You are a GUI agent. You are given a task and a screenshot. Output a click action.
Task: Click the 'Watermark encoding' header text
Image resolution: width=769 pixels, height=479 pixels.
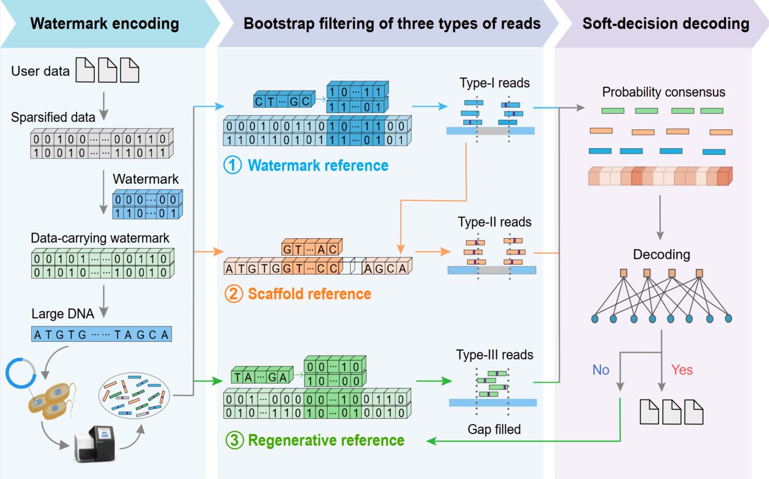(104, 24)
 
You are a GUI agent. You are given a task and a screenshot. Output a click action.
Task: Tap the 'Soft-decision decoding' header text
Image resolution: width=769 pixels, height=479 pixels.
(665, 24)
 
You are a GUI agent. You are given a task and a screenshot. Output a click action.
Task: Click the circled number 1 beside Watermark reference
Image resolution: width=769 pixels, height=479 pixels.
(232, 165)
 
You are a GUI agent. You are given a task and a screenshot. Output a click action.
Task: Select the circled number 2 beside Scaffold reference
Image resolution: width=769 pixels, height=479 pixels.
(233, 294)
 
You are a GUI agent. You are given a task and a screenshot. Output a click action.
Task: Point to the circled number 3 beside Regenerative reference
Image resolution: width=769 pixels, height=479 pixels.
(234, 440)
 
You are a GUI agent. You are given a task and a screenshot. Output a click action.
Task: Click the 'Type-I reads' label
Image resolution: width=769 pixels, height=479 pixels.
(495, 83)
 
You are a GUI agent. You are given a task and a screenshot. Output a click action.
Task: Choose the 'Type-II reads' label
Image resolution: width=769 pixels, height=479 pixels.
(495, 222)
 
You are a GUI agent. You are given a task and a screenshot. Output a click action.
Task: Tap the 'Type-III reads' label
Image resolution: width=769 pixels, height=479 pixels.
(495, 354)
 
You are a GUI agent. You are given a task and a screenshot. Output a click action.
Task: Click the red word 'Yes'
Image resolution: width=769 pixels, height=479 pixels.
(682, 370)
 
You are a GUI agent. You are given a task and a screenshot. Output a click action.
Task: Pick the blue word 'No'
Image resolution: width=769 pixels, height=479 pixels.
(600, 370)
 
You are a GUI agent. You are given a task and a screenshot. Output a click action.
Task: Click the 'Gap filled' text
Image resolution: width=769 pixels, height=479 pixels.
(494, 429)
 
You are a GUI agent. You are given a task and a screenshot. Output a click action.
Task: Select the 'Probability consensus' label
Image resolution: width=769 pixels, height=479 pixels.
(663, 92)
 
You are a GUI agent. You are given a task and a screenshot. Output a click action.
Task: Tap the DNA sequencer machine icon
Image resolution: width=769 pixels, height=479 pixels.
(94, 443)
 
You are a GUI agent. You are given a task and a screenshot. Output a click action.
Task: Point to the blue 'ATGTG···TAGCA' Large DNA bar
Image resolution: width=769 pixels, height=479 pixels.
(102, 334)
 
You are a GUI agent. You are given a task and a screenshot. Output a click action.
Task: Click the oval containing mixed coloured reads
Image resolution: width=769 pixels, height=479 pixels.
(134, 395)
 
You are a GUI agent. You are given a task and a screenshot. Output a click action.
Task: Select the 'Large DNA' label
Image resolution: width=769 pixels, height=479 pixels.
(63, 313)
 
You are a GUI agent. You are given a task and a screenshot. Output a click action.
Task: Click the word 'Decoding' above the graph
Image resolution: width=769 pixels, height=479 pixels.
(661, 254)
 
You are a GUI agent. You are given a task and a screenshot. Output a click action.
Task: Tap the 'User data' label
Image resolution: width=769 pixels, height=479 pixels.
(40, 71)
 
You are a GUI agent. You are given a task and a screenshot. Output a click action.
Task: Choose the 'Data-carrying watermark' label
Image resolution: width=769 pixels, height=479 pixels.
(100, 238)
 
